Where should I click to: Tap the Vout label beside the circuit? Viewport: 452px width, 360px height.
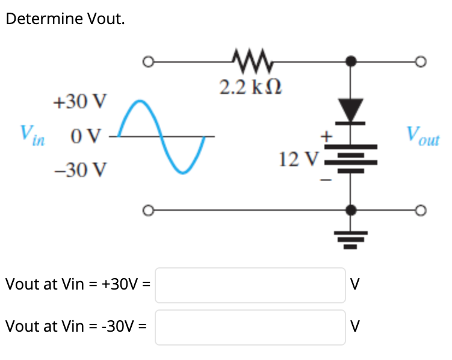(423, 136)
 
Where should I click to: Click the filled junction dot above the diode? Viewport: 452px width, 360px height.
(352, 61)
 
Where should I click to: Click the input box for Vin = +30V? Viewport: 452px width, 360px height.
(250, 285)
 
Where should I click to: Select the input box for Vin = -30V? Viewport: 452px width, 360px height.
(250, 327)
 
